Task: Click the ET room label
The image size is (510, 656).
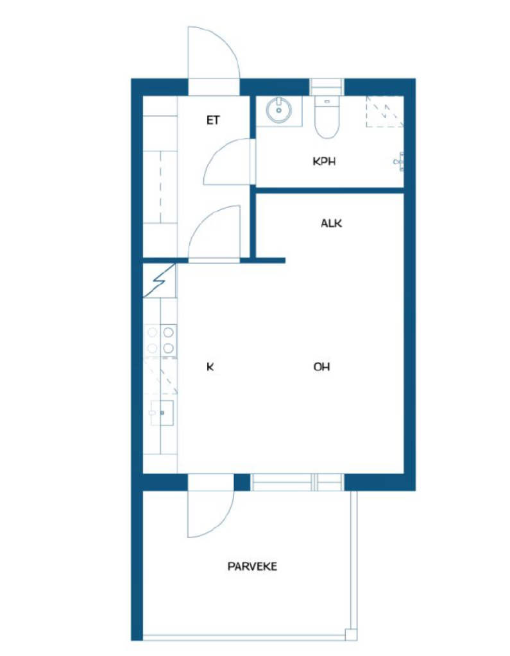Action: [x=213, y=120]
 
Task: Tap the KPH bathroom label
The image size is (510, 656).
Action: [x=325, y=161]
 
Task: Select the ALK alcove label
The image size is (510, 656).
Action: [x=331, y=224]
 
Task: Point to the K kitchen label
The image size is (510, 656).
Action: [x=210, y=367]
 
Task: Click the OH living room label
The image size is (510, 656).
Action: [x=322, y=367]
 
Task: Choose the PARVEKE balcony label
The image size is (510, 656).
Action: [x=252, y=566]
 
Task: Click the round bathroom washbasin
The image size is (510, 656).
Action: [x=278, y=110]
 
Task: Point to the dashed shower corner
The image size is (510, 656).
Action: [x=385, y=111]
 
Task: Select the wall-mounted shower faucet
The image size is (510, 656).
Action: [x=400, y=161]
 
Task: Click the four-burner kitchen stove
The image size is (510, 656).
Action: [x=160, y=340]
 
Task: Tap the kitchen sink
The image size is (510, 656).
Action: [x=162, y=413]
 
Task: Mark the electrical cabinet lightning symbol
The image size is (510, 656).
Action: [x=159, y=281]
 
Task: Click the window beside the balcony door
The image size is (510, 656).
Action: [x=297, y=482]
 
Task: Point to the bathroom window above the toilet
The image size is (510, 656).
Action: [x=327, y=87]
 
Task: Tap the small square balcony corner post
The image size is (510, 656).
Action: [x=351, y=634]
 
